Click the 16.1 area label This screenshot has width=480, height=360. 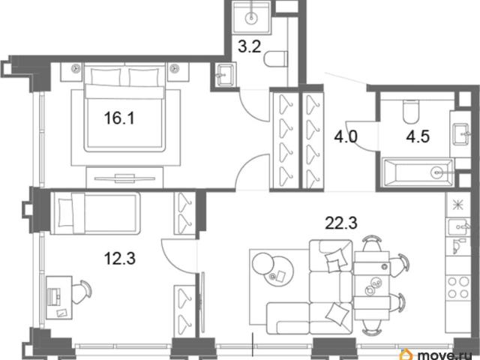[x=119, y=118]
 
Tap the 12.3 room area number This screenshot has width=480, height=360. [x=120, y=258]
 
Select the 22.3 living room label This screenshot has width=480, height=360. [x=341, y=223]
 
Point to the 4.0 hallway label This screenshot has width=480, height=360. [x=346, y=136]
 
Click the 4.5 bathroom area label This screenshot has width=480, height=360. [x=418, y=136]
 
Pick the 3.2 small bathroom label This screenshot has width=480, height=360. [x=250, y=46]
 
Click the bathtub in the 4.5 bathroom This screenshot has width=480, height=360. [x=418, y=172]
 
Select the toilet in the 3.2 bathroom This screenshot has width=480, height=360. [x=275, y=59]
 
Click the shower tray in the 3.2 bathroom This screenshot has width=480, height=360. [x=252, y=17]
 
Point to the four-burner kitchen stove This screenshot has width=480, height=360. [x=458, y=286]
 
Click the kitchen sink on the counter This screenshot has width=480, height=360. [x=458, y=226]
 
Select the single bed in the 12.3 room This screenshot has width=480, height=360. [x=95, y=213]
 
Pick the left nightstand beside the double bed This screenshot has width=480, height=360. [x=72, y=72]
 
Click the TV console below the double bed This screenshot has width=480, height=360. [x=124, y=178]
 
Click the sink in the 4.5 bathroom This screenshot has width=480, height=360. [x=461, y=133]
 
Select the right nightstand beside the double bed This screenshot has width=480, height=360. [x=178, y=72]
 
